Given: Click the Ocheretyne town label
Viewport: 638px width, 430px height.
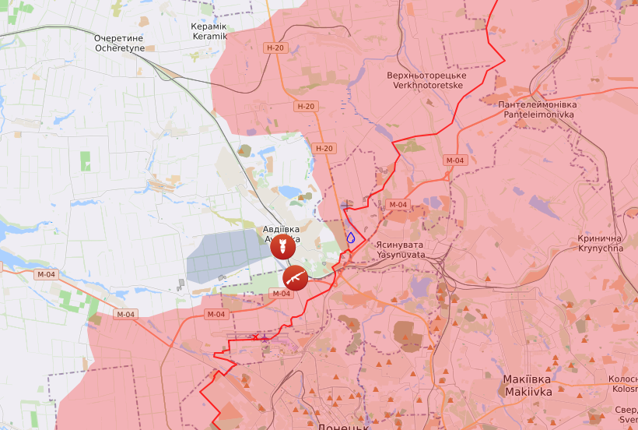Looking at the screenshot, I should pos(120,43).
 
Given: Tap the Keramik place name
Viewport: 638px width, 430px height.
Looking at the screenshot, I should pos(209,31).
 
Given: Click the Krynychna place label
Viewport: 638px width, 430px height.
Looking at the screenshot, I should pos(601,243).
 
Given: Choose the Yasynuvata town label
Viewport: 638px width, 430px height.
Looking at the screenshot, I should pos(401,249).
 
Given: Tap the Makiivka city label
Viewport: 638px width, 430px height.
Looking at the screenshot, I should pos(528,386).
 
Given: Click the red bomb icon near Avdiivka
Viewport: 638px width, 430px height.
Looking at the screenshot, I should pos(282,248).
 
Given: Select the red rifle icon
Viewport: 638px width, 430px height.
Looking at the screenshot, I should pos(295,276).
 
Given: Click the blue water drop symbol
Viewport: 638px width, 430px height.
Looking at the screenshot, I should pos(351,237).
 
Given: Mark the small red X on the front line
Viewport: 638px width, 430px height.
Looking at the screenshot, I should pos(255,337).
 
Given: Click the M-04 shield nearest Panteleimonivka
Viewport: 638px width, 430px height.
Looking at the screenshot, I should pos(454,160).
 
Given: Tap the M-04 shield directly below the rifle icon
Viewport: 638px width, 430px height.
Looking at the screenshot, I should pos(280,294).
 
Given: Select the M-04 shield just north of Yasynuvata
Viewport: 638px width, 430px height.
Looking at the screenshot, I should pos(397,205).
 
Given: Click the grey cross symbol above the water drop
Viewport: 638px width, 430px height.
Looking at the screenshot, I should pos(347,205).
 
